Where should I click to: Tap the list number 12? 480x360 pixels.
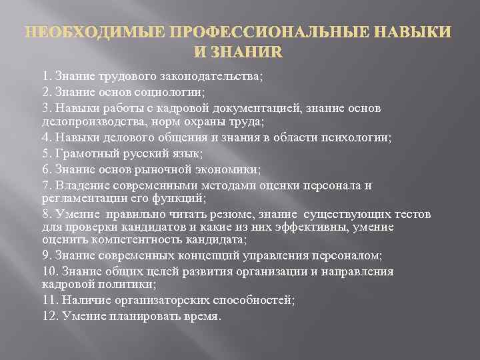pyautogui.click(x=49, y=316)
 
